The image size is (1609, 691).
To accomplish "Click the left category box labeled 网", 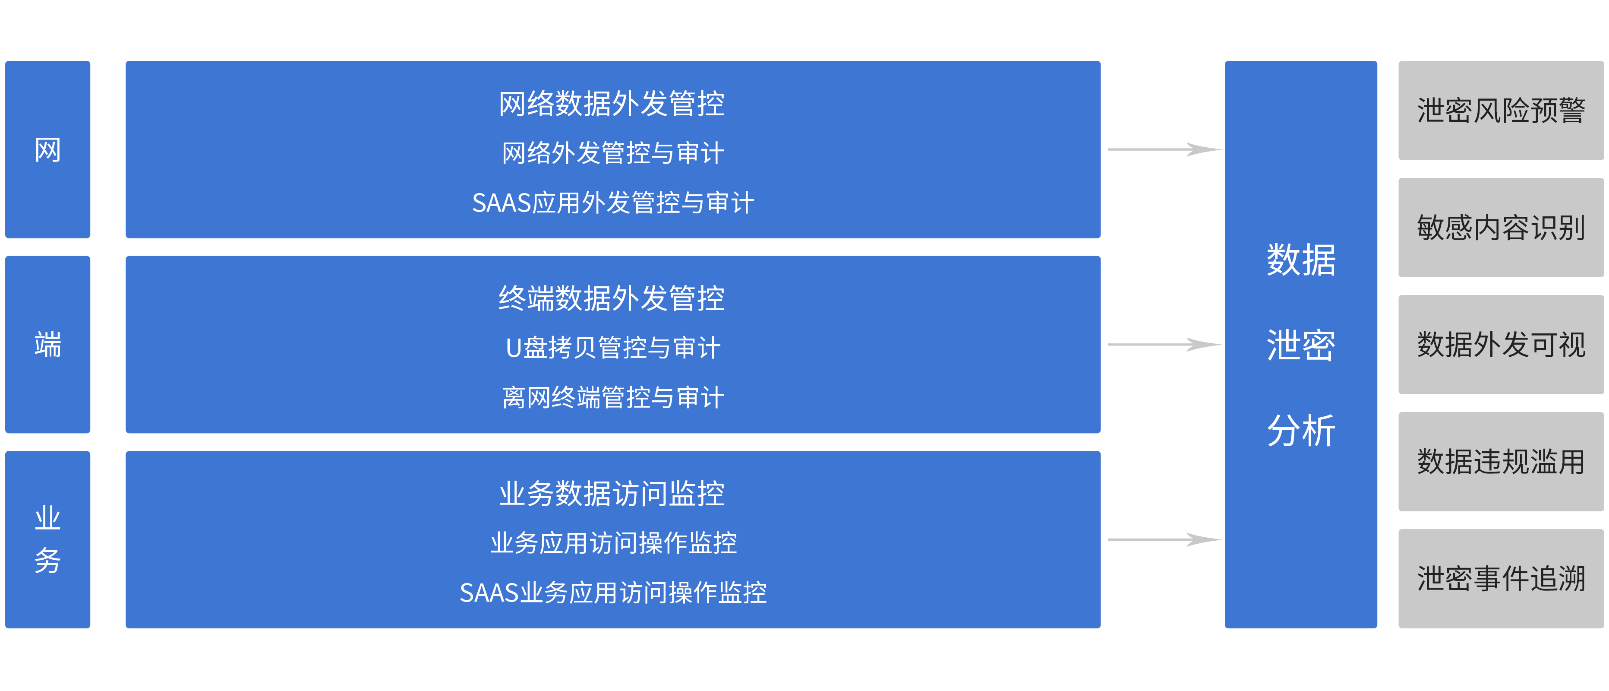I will [x=47, y=149].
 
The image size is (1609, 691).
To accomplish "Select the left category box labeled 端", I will [x=47, y=344].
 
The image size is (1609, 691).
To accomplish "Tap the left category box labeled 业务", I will [x=47, y=539].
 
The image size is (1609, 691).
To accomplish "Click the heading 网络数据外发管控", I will [x=612, y=104].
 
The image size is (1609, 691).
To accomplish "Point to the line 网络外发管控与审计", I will [x=613, y=153].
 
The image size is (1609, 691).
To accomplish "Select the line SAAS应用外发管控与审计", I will [x=613, y=203].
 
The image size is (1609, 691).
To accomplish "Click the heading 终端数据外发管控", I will [x=612, y=299].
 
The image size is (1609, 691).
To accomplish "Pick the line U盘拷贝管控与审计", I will [x=613, y=348].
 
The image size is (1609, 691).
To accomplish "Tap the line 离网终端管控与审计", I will [x=613, y=397].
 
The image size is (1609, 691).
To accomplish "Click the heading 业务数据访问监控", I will [x=612, y=494].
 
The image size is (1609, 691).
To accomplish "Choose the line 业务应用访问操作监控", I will [x=613, y=543].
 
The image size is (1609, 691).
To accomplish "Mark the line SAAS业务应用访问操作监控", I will [x=613, y=592].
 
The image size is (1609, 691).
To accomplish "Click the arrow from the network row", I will [x=1164, y=149].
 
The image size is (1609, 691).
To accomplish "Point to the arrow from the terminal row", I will [x=1164, y=344].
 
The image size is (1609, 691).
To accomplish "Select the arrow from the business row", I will [x=1164, y=539].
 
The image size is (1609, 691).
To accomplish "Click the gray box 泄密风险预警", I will [x=1500, y=111].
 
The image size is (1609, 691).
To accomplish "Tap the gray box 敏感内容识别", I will [x=1500, y=228].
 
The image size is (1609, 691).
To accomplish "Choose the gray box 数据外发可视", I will [x=1500, y=344].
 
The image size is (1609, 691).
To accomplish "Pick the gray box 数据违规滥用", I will [x=1500, y=462].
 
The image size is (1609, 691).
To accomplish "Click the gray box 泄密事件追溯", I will [x=1500, y=579].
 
